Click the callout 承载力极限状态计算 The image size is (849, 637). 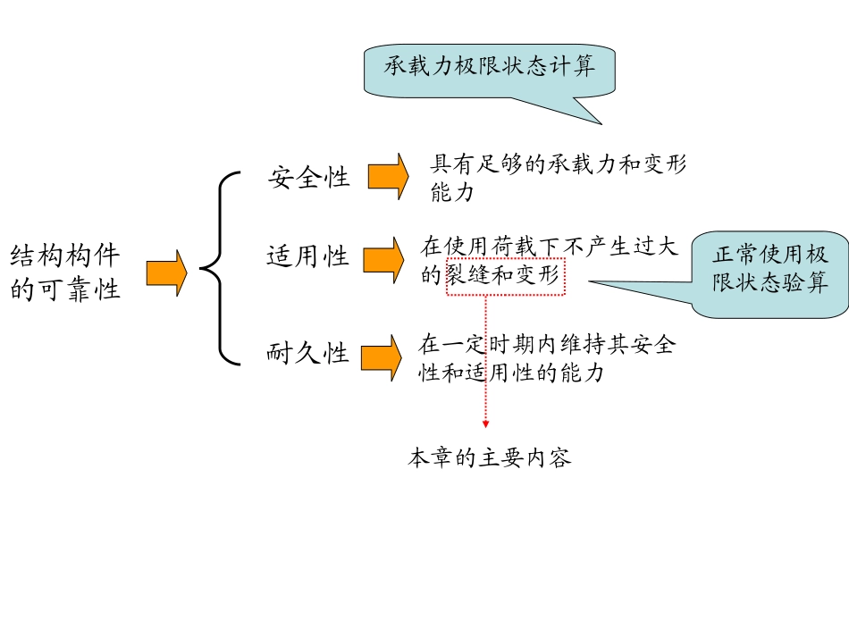[489, 67]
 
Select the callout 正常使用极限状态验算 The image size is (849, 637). [769, 269]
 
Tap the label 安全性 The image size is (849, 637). [309, 178]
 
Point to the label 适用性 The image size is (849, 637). [308, 258]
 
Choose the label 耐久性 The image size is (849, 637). [308, 355]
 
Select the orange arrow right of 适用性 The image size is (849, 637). [383, 260]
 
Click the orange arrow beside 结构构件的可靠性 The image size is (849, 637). [166, 272]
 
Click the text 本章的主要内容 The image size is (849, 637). [489, 459]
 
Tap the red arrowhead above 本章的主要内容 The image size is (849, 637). [485, 423]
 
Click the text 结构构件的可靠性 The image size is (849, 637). [65, 273]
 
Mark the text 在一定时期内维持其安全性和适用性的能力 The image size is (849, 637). [546, 358]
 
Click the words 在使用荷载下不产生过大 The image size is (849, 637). [550, 246]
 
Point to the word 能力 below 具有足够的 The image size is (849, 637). [452, 192]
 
